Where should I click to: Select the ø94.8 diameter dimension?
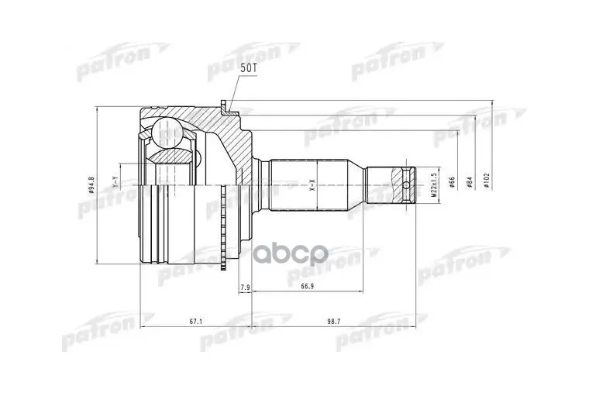pyautogui.click(x=91, y=185)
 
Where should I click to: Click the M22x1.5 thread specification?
pyautogui.click(x=432, y=185)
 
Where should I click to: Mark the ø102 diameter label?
pyautogui.click(x=486, y=184)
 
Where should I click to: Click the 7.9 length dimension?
pyautogui.click(x=245, y=288)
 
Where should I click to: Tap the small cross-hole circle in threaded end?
pyautogui.click(x=408, y=184)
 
